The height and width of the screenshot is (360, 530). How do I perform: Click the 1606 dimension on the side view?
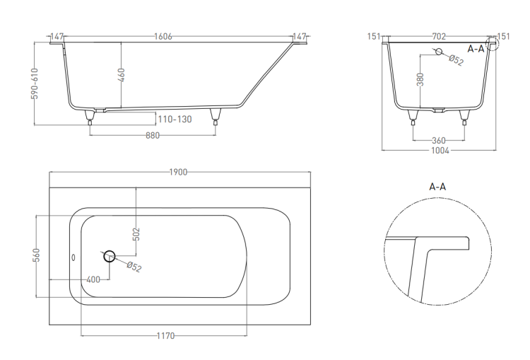[x=163, y=36]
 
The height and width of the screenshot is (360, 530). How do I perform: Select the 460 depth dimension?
[x=121, y=75]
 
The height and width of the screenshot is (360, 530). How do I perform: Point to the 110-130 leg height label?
[x=175, y=119]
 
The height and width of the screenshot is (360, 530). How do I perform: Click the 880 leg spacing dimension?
[x=153, y=135]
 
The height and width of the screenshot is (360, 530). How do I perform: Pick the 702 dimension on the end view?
[x=439, y=36]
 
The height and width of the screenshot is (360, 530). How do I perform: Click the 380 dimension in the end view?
[x=420, y=79]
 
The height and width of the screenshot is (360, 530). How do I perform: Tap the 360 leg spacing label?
[x=439, y=140]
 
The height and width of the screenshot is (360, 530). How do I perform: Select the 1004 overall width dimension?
[x=440, y=151]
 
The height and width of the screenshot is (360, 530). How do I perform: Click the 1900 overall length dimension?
[x=178, y=172]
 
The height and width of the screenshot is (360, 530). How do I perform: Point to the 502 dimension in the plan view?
[x=136, y=235]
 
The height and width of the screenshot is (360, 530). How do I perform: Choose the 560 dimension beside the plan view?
[x=37, y=255]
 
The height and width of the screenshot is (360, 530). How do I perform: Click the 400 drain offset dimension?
[x=93, y=279]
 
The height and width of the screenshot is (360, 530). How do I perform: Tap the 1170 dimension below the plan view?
[x=165, y=336]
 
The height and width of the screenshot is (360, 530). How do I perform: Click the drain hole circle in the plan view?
[x=109, y=256]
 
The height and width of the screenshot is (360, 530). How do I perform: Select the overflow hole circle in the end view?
[x=439, y=52]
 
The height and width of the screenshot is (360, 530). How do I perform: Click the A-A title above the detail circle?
[x=437, y=187]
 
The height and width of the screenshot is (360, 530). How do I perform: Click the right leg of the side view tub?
[x=216, y=117]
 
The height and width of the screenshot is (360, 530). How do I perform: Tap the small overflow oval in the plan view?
[x=73, y=258]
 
